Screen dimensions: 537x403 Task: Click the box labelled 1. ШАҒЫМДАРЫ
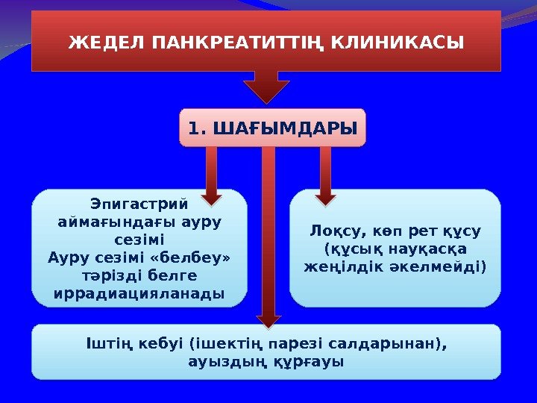click(x=272, y=129)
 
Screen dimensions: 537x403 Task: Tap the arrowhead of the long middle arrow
click(x=267, y=316)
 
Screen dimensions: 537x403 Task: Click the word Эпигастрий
click(x=139, y=204)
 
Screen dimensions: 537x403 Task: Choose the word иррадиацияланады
click(x=139, y=293)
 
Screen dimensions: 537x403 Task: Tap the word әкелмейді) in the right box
click(x=445, y=266)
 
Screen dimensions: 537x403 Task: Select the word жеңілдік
click(x=340, y=266)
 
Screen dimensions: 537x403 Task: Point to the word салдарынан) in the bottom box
click(x=409, y=345)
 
